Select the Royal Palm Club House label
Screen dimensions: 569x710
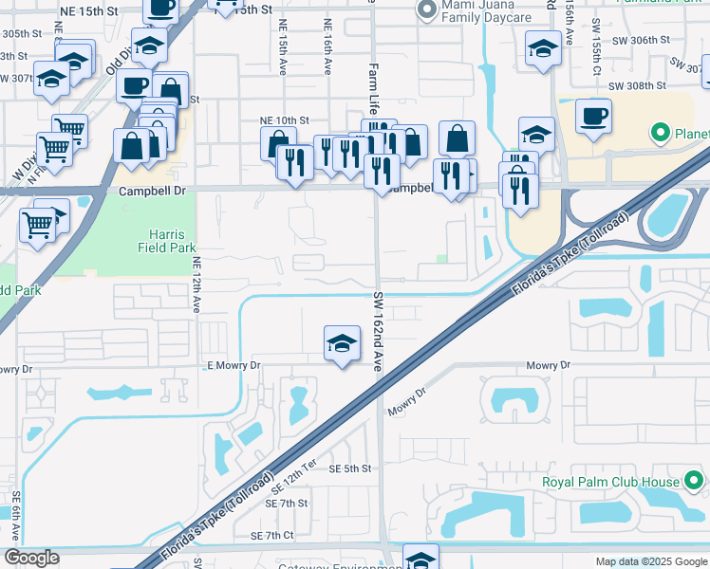click(x=610, y=481)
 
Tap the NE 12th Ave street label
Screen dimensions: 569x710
click(x=196, y=284)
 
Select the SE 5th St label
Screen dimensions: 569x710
click(x=350, y=468)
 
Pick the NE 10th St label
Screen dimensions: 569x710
click(x=285, y=120)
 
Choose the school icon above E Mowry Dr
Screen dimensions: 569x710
click(x=342, y=344)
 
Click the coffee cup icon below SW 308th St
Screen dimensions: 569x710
click(x=593, y=117)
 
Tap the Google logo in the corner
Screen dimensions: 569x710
click(x=31, y=558)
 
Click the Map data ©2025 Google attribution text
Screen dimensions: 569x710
click(x=650, y=561)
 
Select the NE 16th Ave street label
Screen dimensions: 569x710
click(x=327, y=42)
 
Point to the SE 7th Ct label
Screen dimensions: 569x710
click(x=274, y=536)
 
